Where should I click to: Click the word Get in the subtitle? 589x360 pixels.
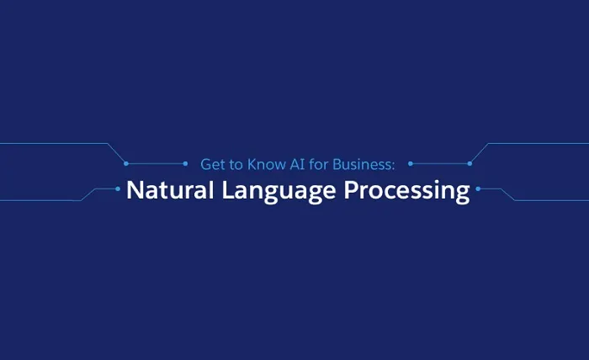point(212,164)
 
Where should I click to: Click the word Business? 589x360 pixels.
point(358,164)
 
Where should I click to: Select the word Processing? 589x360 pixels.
point(406,192)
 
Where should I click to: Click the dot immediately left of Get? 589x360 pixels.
point(186,163)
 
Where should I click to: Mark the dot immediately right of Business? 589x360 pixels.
point(410,163)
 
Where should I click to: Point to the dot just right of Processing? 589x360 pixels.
point(477,188)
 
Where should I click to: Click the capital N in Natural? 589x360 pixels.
point(134,190)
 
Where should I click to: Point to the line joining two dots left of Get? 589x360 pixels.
point(156,163)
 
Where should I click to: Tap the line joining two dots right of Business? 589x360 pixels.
point(439,163)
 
